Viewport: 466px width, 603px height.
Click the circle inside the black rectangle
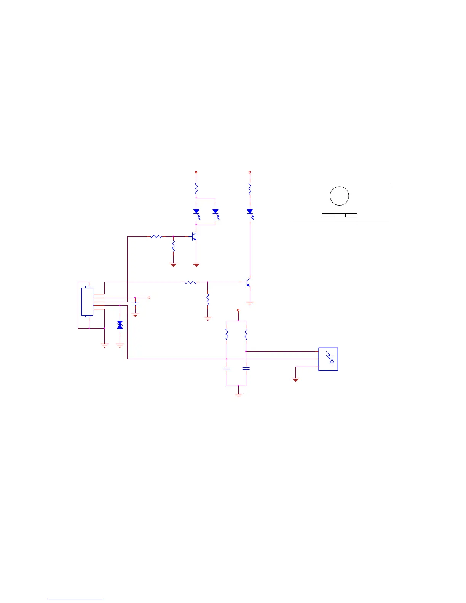tap(339, 196)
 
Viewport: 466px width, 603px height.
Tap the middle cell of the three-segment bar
tap(340, 215)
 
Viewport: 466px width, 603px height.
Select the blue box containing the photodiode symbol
tap(328, 359)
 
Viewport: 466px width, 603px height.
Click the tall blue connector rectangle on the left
tap(87, 301)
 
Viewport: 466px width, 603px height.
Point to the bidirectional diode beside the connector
tap(120, 324)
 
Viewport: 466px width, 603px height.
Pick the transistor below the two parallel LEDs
tap(194, 237)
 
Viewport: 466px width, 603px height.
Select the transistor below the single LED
tap(248, 283)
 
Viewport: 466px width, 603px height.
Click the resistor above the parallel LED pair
tap(196, 188)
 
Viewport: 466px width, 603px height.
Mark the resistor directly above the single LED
tap(250, 188)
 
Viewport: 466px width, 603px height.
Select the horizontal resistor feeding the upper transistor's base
tap(156, 236)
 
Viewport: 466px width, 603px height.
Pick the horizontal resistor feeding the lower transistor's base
tap(190, 282)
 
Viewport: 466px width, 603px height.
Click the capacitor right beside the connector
tap(135, 304)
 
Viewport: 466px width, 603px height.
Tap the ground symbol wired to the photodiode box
tap(295, 379)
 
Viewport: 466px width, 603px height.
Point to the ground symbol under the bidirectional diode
tap(120, 345)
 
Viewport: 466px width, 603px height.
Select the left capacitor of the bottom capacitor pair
tap(227, 369)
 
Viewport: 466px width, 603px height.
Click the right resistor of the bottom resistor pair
tap(246, 335)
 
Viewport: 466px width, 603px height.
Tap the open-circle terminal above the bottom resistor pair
tap(238, 310)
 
